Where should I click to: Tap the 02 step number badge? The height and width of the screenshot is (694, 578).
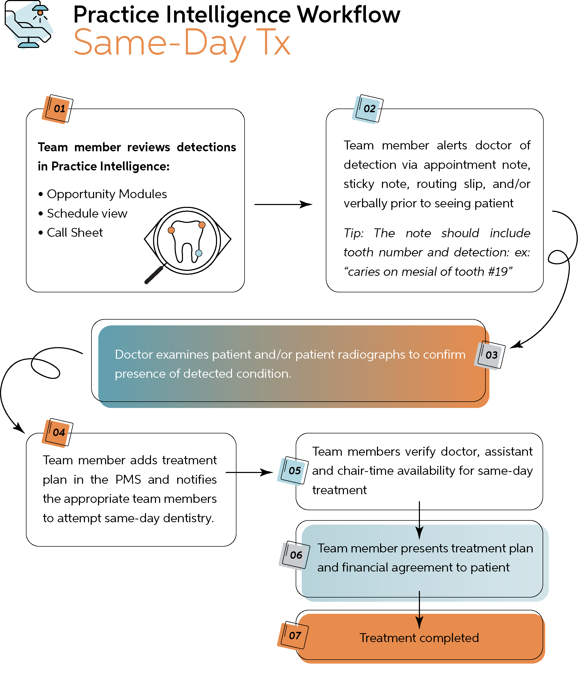tap(368, 109)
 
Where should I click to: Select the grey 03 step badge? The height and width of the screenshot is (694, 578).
tap(490, 355)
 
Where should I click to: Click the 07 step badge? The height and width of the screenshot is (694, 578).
tap(294, 635)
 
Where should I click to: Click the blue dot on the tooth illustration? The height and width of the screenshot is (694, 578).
tap(199, 253)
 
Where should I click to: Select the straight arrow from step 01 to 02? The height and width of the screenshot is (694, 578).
tap(283, 205)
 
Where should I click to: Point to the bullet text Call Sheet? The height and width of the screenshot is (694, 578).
tap(75, 233)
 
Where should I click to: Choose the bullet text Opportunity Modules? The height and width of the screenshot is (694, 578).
tap(107, 194)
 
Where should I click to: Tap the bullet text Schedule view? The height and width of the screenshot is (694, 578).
tap(87, 213)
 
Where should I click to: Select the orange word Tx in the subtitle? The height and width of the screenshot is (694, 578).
tap(273, 43)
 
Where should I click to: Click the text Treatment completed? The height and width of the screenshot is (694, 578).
tap(419, 638)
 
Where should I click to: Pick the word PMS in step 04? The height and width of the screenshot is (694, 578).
tap(128, 480)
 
